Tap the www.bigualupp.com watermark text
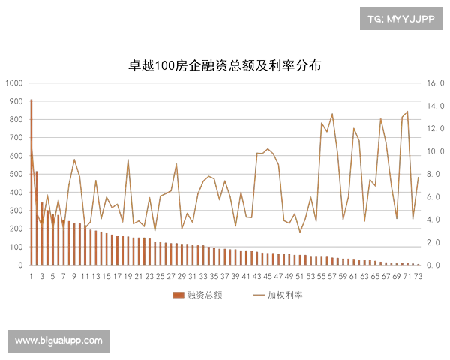(x=58, y=340)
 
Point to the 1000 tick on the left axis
(x=14, y=83)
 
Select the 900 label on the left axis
(x=14, y=101)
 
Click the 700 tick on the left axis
(x=14, y=138)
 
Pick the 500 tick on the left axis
(x=14, y=174)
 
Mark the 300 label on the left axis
(x=14, y=210)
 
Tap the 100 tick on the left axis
(x=14, y=246)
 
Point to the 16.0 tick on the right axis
(x=435, y=83)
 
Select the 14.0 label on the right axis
(x=435, y=106)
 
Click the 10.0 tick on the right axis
(x=435, y=151)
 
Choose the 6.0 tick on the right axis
(x=435, y=196)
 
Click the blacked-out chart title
(x=225, y=64)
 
